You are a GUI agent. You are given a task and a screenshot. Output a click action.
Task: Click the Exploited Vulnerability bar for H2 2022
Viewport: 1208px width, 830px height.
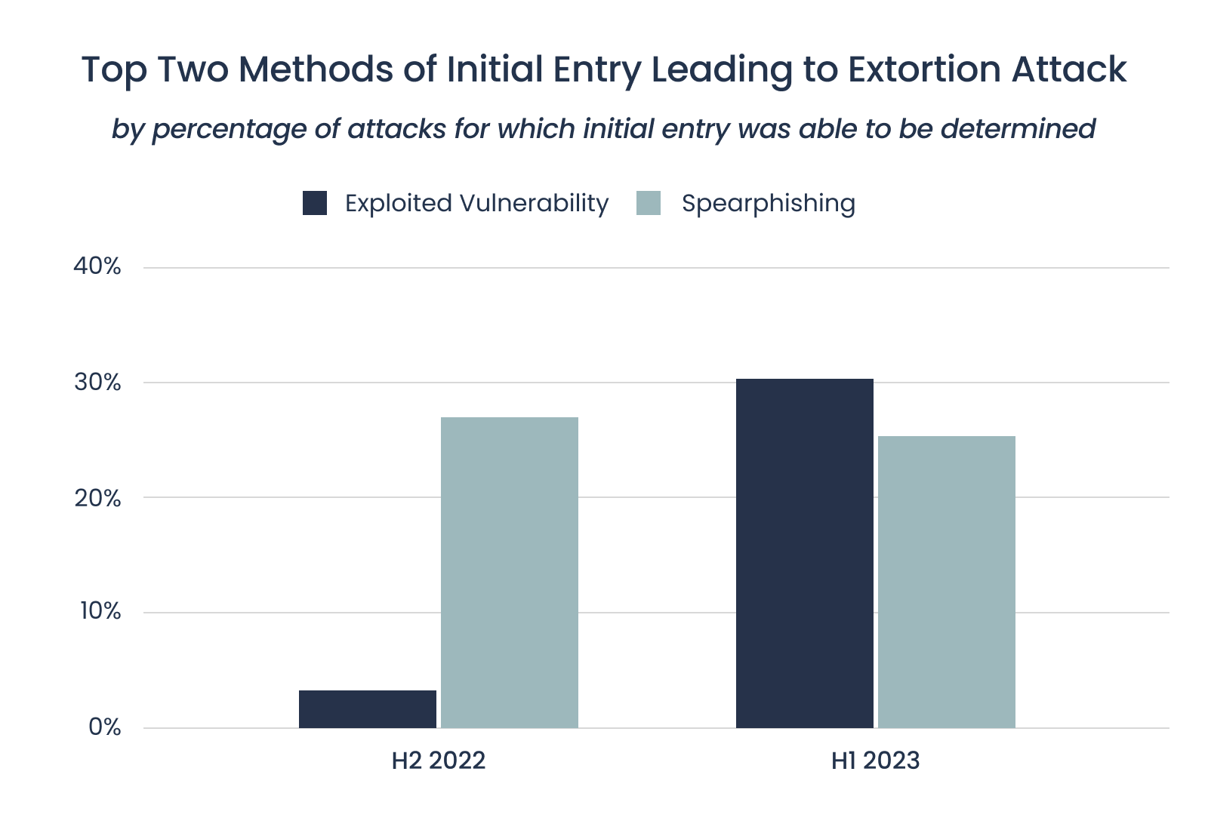tap(367, 709)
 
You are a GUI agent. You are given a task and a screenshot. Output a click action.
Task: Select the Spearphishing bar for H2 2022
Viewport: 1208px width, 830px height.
tap(509, 573)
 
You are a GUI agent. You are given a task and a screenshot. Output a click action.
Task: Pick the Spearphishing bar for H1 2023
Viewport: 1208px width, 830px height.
tap(946, 582)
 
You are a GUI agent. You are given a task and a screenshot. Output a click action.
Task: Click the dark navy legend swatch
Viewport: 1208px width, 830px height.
tap(315, 203)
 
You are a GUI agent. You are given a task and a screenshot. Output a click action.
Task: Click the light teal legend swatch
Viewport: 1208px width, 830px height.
tap(649, 203)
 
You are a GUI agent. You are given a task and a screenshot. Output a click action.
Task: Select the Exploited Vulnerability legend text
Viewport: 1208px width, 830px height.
tap(476, 203)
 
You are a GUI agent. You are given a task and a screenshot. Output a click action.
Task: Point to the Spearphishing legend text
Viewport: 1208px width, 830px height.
tap(768, 203)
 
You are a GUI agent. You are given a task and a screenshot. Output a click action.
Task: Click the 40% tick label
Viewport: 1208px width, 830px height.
tap(97, 266)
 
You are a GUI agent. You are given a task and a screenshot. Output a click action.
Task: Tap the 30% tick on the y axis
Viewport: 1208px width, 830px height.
tap(97, 383)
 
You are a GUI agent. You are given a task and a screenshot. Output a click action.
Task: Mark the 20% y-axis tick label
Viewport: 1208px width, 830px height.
tap(97, 498)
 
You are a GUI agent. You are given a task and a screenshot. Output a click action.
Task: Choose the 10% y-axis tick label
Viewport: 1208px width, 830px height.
tap(100, 611)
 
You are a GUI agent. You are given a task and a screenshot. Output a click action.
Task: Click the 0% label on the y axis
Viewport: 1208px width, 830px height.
tap(104, 727)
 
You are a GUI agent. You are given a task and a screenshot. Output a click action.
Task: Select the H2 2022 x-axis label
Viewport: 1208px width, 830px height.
tap(438, 760)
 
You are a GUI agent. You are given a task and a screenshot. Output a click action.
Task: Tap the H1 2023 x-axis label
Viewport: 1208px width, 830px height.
tap(875, 760)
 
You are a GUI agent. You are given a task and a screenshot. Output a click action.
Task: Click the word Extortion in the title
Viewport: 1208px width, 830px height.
tap(923, 69)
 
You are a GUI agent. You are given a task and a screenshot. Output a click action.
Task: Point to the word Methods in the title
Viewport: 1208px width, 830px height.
tap(316, 69)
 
